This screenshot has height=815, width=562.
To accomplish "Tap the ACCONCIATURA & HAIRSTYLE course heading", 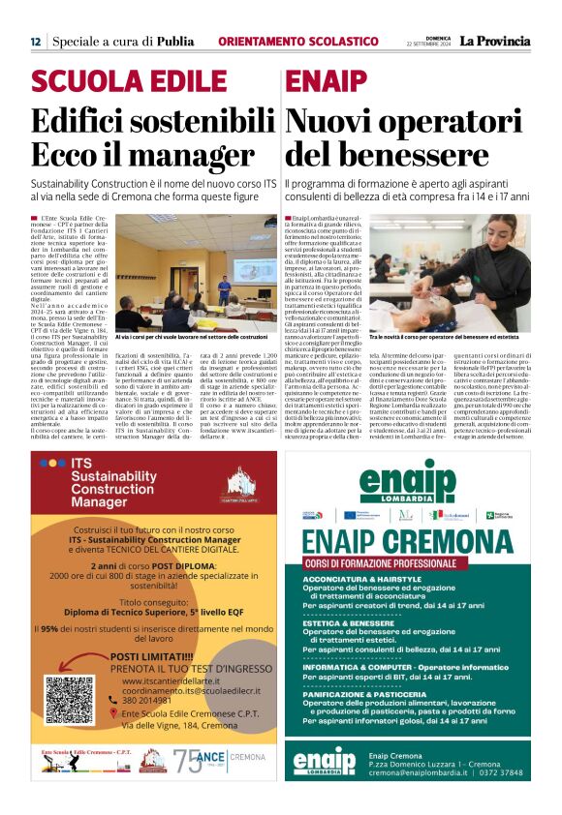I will pos(367,579).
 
